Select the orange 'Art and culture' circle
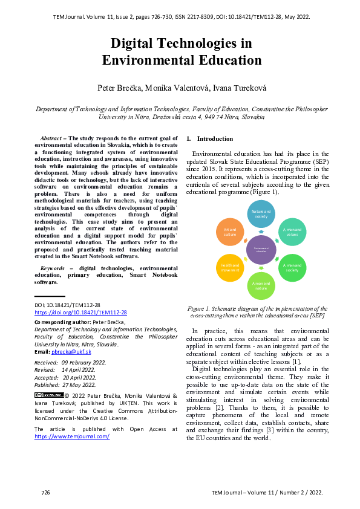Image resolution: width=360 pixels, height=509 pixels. point(230,233)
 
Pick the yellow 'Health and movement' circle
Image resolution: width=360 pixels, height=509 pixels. point(230,268)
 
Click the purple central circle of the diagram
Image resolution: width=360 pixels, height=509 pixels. point(261,250)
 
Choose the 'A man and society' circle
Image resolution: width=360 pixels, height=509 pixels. point(292,268)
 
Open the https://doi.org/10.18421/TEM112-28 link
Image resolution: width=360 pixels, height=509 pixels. point(80,313)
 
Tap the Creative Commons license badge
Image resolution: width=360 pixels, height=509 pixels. point(49,395)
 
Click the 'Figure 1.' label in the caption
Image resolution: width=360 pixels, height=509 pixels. point(201,308)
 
